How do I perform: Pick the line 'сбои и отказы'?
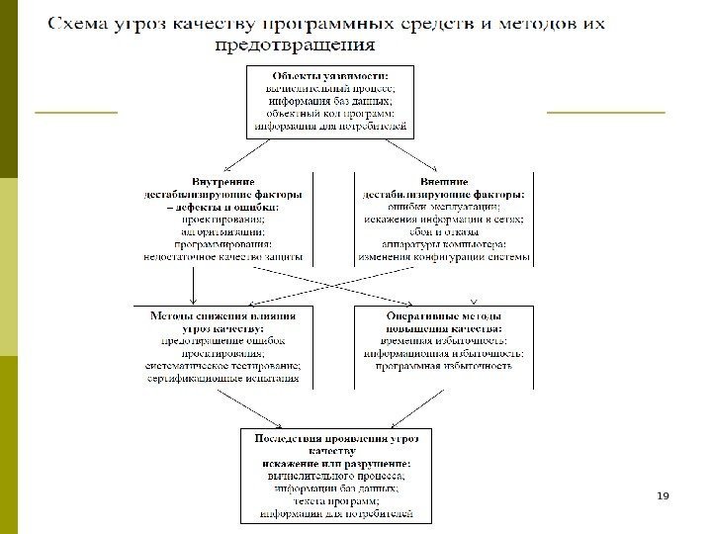click(444, 231)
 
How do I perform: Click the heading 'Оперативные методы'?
click(444, 315)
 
